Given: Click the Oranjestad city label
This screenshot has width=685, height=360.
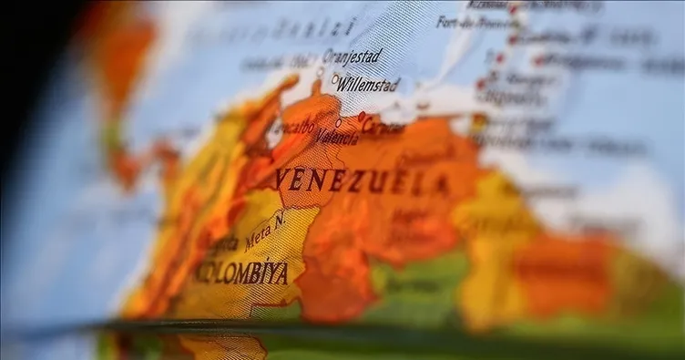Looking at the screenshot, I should point(352,57).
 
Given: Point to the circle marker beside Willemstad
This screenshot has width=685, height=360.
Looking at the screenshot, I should point(335,78).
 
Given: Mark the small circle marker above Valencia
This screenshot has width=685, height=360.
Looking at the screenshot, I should point(339,122).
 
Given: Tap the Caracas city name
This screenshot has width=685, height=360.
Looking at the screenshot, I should point(383,126).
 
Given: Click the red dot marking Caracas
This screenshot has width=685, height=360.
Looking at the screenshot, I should point(362,116).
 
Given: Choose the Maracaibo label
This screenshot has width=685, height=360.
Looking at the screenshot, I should point(293,129).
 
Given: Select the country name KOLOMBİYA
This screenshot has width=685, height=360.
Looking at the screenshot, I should point(242,272).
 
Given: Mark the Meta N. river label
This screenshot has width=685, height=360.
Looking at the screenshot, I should point(265,231).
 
